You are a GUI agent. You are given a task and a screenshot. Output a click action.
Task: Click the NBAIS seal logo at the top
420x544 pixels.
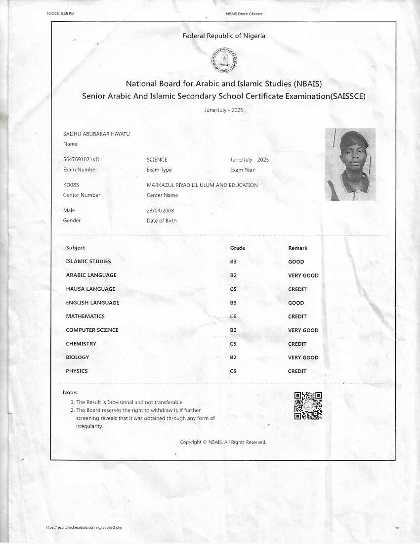(x=224, y=60)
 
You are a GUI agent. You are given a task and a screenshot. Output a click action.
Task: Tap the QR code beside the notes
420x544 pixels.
(x=308, y=406)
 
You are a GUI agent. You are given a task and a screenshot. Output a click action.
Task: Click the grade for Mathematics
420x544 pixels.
(x=234, y=317)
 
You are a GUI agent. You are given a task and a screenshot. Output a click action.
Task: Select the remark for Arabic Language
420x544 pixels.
(x=303, y=275)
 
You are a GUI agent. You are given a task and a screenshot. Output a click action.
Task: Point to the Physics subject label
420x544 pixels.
(x=77, y=371)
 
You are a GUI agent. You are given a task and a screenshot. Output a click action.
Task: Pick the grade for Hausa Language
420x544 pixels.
(x=234, y=289)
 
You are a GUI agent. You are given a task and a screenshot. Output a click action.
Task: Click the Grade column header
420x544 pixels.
(x=238, y=248)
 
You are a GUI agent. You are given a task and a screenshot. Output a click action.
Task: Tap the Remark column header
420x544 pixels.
(x=297, y=248)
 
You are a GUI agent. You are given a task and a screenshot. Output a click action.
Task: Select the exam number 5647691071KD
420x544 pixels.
(x=82, y=160)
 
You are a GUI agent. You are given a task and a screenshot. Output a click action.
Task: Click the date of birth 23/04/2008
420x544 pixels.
(x=161, y=211)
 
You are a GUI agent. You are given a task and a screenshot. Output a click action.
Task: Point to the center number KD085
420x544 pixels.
(x=71, y=185)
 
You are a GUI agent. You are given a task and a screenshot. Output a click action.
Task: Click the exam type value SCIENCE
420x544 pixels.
(x=157, y=160)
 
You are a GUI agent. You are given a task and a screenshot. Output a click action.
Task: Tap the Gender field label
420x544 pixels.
(x=72, y=221)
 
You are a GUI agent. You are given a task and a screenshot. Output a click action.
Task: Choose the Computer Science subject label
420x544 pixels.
(x=92, y=330)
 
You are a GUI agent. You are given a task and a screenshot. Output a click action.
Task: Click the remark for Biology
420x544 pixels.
(x=303, y=358)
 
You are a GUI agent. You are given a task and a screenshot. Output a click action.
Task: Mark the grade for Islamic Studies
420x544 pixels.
(x=234, y=262)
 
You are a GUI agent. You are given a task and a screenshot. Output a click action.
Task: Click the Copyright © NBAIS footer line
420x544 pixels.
(x=223, y=442)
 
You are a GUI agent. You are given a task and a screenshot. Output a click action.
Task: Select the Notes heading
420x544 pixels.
(x=70, y=392)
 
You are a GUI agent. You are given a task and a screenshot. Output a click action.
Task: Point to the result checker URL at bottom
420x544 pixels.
(x=84, y=528)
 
